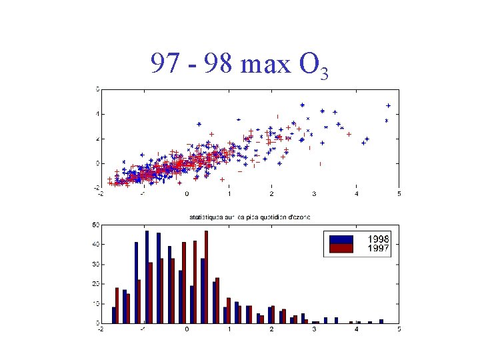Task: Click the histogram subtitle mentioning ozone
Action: click(249, 217)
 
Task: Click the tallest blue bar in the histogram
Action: click(147, 277)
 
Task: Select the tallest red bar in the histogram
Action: click(206, 277)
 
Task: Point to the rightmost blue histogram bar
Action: click(381, 321)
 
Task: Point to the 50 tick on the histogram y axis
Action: click(96, 225)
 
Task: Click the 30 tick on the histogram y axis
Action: click(96, 264)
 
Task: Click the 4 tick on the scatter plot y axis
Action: click(97, 113)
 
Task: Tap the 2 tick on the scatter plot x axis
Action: click(271, 194)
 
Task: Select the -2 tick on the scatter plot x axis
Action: click(101, 194)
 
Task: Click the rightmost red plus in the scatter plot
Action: click(349, 134)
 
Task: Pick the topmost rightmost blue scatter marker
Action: click(388, 105)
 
